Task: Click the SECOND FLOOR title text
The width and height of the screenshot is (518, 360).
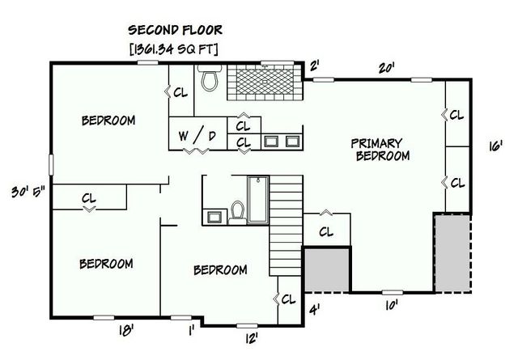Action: pyautogui.click(x=175, y=30)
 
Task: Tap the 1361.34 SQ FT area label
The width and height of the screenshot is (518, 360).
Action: pyautogui.click(x=174, y=49)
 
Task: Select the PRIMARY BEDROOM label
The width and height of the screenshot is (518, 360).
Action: pyautogui.click(x=380, y=150)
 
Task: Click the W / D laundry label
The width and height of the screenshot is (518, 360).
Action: pyautogui.click(x=197, y=135)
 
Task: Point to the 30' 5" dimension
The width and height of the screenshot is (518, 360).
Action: pyautogui.click(x=28, y=192)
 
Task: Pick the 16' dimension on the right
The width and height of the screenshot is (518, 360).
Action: pyautogui.click(x=495, y=146)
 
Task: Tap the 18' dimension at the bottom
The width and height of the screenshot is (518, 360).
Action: pyautogui.click(x=126, y=330)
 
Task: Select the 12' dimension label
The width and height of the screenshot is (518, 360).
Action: pyautogui.click(x=252, y=338)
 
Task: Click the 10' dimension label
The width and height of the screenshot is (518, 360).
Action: pyautogui.click(x=391, y=305)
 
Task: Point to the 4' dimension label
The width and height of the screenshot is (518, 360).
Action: pyautogui.click(x=314, y=310)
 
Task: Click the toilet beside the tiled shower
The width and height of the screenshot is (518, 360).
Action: pyautogui.click(x=210, y=78)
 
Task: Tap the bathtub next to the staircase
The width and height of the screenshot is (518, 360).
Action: pyautogui.click(x=258, y=200)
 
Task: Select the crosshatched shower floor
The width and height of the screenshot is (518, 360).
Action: pyautogui.click(x=265, y=82)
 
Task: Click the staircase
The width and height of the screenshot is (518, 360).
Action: pyautogui.click(x=286, y=225)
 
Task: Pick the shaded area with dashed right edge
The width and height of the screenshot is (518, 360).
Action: pyautogui.click(x=453, y=253)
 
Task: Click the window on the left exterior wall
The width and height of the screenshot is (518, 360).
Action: pyautogui.click(x=51, y=164)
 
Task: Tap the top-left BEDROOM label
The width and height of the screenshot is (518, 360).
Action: pyautogui.click(x=108, y=121)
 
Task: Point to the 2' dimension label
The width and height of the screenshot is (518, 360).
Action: pyautogui.click(x=314, y=66)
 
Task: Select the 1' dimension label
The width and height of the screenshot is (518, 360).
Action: pyautogui.click(x=191, y=330)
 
